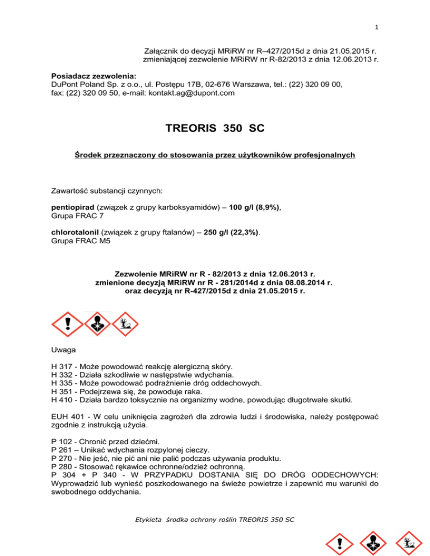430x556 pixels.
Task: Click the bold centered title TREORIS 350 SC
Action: pos(214,128)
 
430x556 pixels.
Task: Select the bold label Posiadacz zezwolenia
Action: pos(90,76)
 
